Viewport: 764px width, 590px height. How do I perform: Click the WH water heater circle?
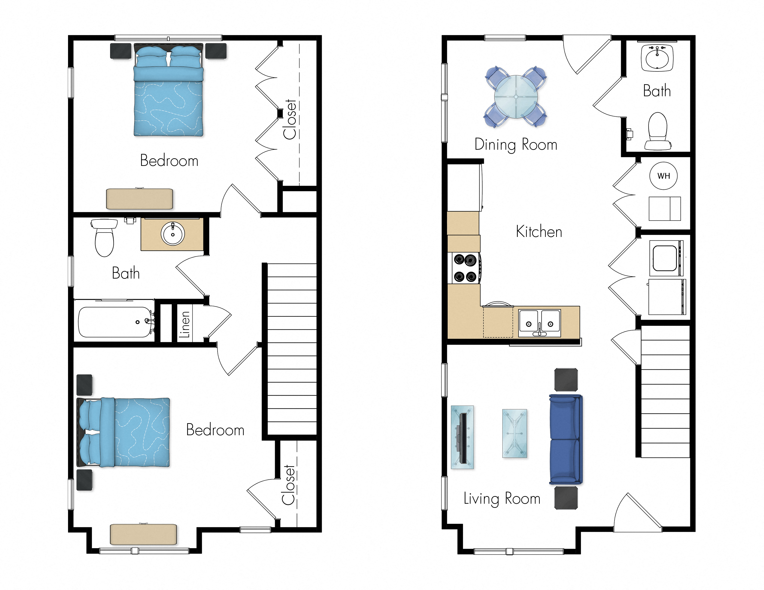click(663, 176)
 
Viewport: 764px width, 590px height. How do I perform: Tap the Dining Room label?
click(516, 144)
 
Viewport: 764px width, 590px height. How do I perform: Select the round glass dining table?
click(516, 96)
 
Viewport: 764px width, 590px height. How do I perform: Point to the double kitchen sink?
click(539, 323)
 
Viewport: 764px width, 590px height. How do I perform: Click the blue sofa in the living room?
click(565, 439)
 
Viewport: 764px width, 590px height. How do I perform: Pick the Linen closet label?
click(184, 325)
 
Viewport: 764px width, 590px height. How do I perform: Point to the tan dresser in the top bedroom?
click(140, 199)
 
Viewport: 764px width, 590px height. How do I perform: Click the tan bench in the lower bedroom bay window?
click(143, 534)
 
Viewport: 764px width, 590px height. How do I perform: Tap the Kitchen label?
click(539, 232)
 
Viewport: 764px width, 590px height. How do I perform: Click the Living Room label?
click(502, 498)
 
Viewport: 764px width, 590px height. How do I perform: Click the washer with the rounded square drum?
click(665, 258)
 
